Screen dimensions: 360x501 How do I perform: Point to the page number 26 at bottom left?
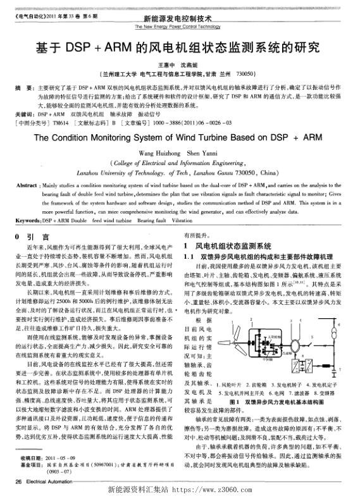click(17, 483)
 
